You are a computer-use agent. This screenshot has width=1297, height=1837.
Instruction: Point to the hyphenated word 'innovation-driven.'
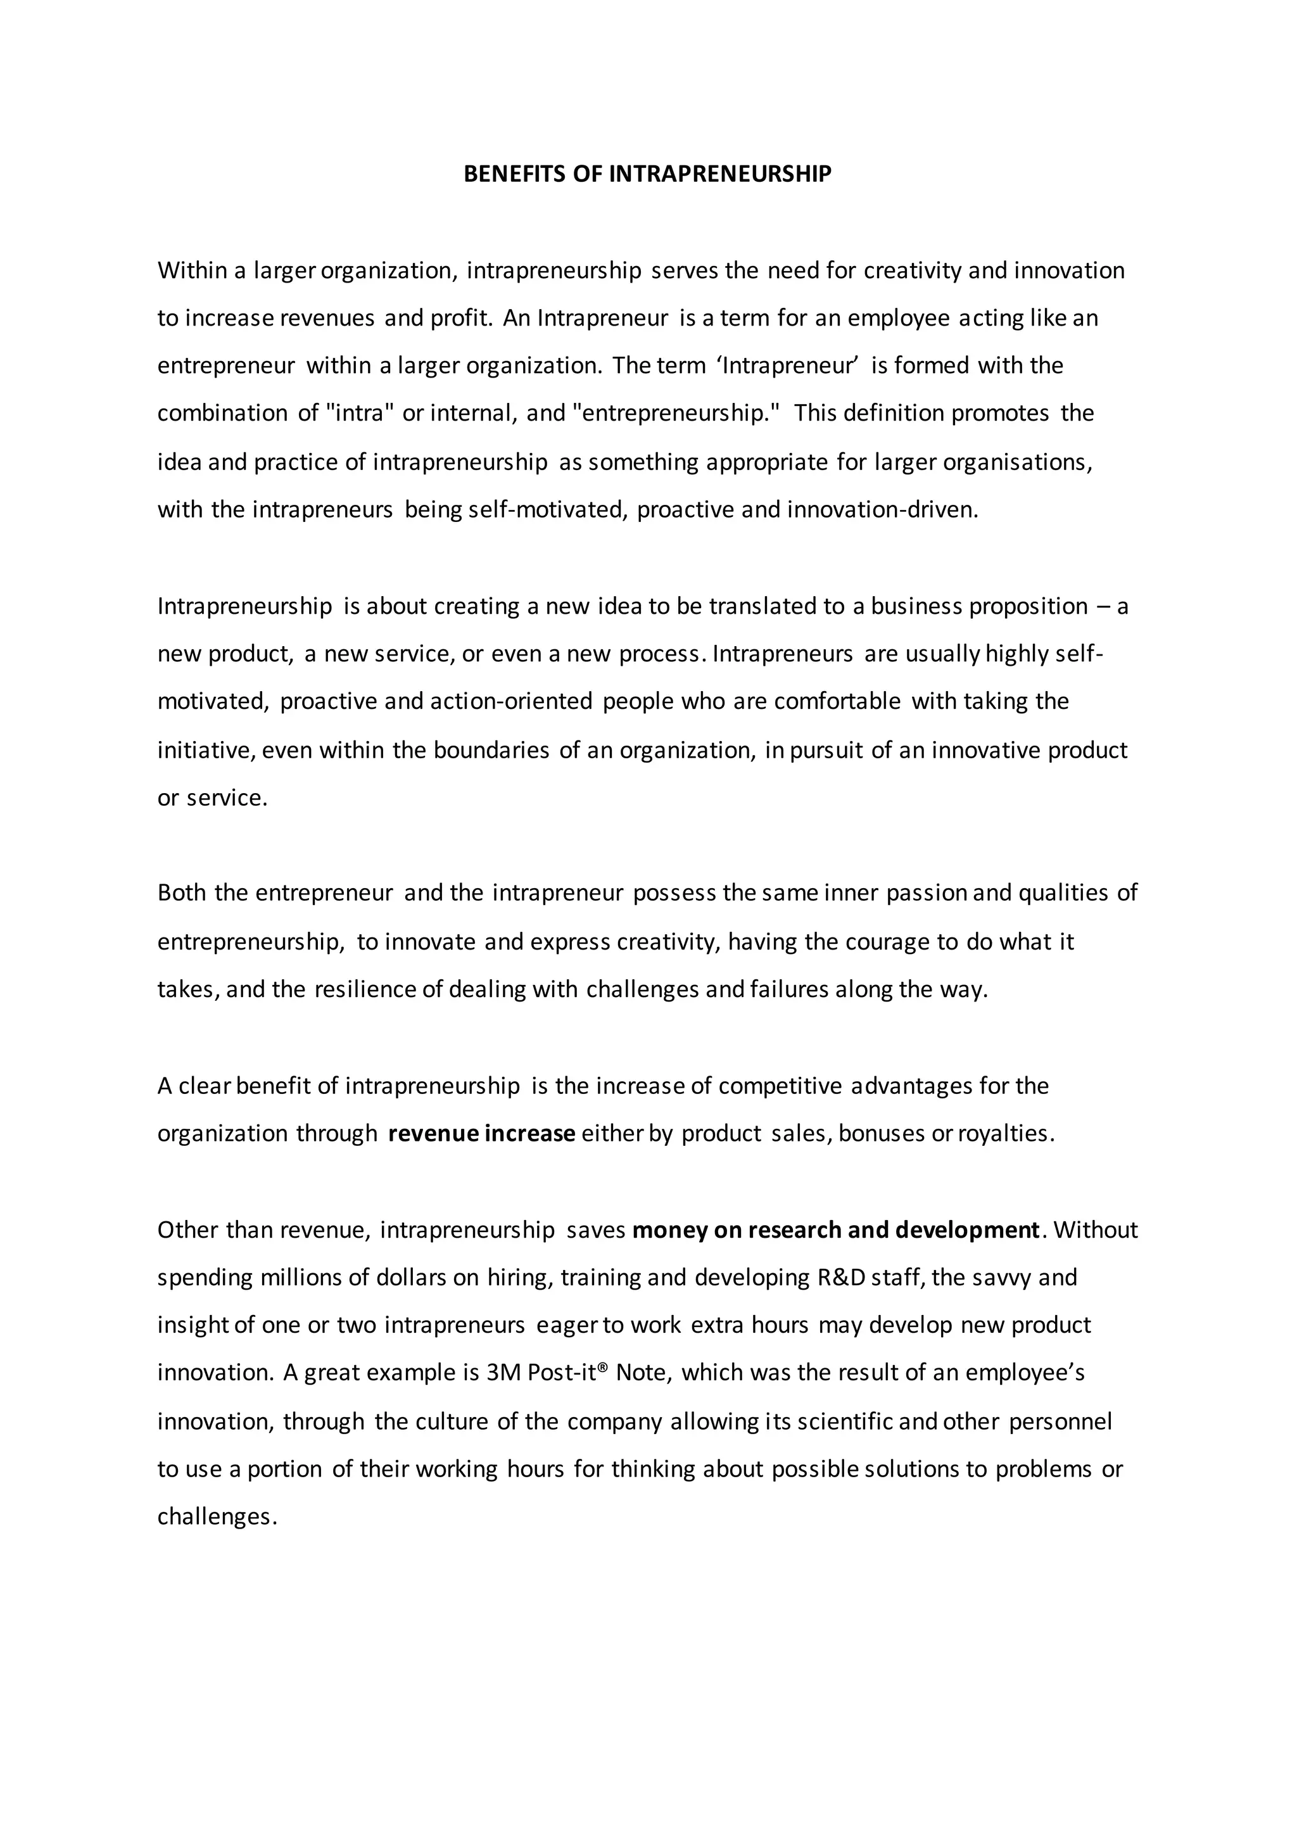click(x=883, y=510)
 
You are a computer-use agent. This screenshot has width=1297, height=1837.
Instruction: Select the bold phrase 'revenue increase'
click(x=482, y=1134)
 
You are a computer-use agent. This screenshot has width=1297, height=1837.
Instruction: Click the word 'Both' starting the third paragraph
click(x=182, y=893)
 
